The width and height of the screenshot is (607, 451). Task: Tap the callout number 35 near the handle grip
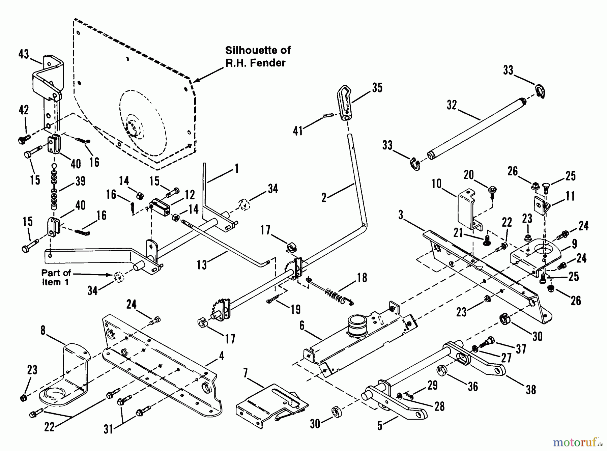tap(377, 87)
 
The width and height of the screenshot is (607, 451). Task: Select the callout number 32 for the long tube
tap(452, 105)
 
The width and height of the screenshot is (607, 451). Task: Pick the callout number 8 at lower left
tap(43, 331)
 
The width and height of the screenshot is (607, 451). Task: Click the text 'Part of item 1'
tap(56, 277)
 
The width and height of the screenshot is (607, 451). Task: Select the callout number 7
tap(245, 373)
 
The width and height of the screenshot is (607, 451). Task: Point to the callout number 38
tap(531, 390)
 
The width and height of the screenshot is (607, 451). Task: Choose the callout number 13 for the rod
tap(202, 265)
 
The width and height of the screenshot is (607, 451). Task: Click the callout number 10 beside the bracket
tap(436, 184)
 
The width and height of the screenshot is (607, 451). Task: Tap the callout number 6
tap(302, 326)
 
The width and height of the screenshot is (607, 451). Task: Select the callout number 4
tap(221, 356)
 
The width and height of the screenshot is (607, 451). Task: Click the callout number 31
tap(108, 429)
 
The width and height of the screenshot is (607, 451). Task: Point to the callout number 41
tap(298, 131)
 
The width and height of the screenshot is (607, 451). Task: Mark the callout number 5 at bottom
tap(380, 426)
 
